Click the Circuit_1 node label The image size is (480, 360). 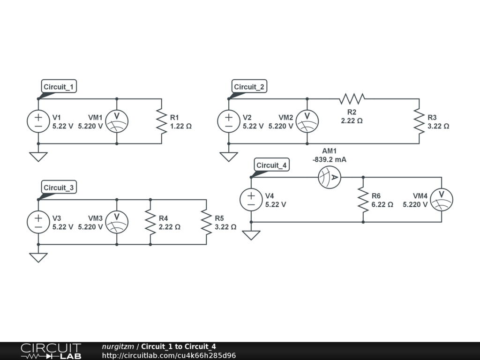point(59,87)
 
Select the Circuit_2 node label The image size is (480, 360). point(249,87)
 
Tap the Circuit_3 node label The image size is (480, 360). point(59,187)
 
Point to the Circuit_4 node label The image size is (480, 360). point(271,165)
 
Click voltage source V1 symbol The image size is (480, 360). point(38,121)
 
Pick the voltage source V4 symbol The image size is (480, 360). point(251,200)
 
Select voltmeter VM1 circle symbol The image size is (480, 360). point(117,121)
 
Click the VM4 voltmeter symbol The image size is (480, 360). point(441,200)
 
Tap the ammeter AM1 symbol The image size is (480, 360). point(330,177)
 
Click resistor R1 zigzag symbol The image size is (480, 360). point(162,121)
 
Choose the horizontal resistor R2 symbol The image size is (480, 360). point(352,99)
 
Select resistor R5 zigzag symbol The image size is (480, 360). point(206,222)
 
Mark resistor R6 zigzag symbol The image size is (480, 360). point(363,200)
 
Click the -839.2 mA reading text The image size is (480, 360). point(330,159)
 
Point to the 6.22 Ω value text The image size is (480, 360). point(382,204)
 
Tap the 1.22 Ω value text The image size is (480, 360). point(181,126)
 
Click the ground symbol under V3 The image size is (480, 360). point(38,257)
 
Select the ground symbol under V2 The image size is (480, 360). point(229,157)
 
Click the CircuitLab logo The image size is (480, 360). point(51,351)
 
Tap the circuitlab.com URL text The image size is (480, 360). point(169,355)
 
